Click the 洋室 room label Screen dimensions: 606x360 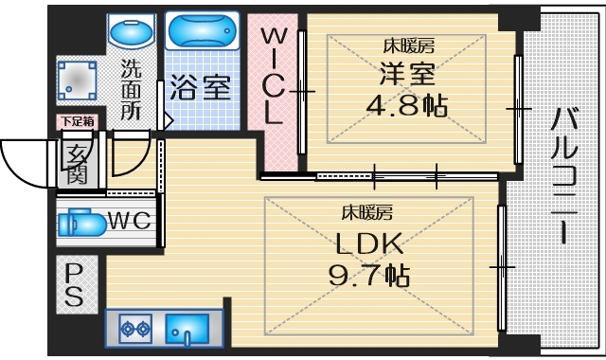click(408, 74)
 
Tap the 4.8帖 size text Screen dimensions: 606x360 click(408, 105)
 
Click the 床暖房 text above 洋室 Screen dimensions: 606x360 click(408, 45)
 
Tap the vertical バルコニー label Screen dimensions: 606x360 click(565, 175)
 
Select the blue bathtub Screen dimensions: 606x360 click(201, 31)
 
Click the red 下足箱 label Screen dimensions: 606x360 click(78, 121)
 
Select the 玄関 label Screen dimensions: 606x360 click(78, 163)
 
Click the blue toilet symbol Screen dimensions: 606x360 click(80, 225)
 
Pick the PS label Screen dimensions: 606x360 click(74, 283)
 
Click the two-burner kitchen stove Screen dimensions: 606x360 click(135, 331)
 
